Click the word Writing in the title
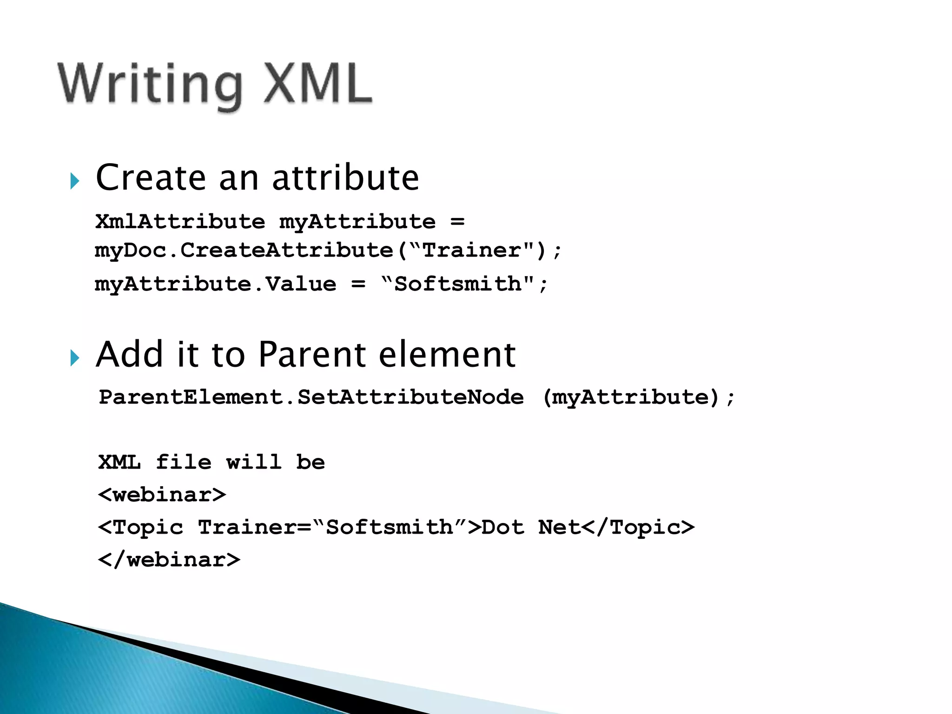150,85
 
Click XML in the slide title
318,84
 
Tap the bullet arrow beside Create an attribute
75,181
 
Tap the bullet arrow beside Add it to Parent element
75,358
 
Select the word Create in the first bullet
151,178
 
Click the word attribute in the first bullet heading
345,178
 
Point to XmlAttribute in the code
180,221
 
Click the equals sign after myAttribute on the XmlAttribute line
457,221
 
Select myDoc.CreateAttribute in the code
244,251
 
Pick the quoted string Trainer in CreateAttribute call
472,251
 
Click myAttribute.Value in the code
215,284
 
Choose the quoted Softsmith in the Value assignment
458,284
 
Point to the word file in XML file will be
183,462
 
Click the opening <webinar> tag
162,495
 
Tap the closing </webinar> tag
169,560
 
